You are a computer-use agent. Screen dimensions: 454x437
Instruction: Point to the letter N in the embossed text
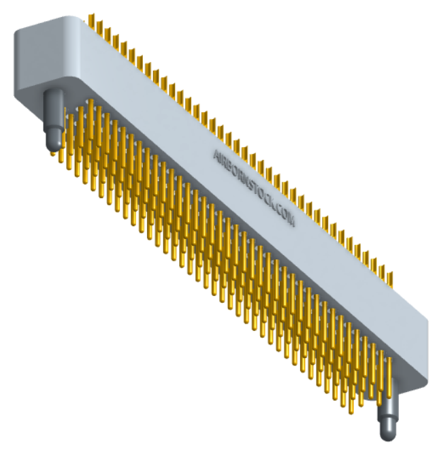point(244,177)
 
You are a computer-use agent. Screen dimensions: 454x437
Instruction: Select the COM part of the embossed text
point(285,215)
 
